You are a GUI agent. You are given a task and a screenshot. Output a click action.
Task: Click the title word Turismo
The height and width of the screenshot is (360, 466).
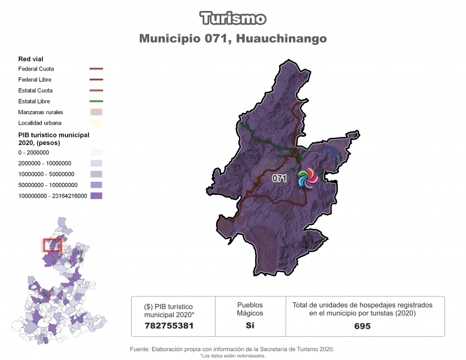point(233,18)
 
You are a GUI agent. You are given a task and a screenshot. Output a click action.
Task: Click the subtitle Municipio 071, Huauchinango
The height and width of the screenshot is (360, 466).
point(233,38)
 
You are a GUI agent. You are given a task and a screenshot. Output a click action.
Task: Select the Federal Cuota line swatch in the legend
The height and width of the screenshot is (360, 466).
point(96,69)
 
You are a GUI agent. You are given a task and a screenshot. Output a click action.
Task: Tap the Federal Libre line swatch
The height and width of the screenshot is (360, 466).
point(96,80)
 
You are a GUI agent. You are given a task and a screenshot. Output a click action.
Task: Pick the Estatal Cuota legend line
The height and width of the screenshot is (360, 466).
point(96,90)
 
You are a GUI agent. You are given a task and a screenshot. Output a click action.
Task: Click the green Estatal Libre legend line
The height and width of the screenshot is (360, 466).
point(96,101)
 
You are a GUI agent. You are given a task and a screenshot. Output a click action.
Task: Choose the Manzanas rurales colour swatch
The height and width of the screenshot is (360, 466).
point(96,112)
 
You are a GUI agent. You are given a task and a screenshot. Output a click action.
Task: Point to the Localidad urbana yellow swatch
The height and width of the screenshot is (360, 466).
point(96,123)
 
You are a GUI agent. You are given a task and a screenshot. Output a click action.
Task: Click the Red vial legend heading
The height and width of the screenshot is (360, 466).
point(31,59)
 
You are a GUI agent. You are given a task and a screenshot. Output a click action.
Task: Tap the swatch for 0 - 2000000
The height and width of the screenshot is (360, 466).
point(96,153)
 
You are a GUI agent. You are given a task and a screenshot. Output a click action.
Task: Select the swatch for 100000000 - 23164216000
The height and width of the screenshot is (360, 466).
point(96,196)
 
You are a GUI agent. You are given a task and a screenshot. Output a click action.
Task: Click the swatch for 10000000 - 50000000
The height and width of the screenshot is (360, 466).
point(96,174)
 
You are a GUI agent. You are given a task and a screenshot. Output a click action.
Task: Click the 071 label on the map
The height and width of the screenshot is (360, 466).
point(279,179)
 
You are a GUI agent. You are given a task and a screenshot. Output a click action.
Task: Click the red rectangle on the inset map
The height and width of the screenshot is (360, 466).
point(52,245)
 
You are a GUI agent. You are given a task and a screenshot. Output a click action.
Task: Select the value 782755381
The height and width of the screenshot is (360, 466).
point(169,326)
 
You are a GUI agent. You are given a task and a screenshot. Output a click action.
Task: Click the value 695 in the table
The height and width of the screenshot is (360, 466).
point(362,326)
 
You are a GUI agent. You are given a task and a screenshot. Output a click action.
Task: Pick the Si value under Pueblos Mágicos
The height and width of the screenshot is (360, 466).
point(249,326)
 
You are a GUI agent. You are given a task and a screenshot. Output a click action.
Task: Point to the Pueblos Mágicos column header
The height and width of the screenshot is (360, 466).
point(249,309)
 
